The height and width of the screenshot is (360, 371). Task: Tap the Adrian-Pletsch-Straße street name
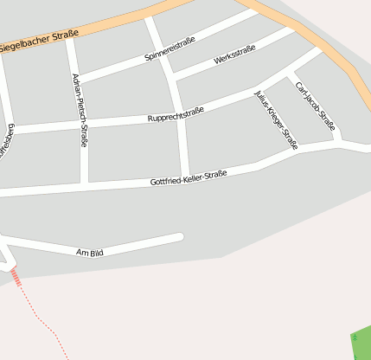79,110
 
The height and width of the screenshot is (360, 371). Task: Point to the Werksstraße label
234,56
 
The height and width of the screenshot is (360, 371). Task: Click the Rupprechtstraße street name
176,113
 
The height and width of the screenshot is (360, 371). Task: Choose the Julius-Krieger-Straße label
277,119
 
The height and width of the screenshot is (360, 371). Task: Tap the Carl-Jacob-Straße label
315,106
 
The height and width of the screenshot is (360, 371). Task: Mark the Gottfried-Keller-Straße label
188,178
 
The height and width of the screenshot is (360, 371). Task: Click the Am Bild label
90,253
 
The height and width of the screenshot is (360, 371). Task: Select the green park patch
361,343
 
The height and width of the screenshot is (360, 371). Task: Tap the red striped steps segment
15,277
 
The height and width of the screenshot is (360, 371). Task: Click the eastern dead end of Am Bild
180,236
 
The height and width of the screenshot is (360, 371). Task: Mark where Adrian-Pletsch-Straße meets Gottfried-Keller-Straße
85,184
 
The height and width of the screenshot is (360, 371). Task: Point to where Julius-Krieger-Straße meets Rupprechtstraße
259,90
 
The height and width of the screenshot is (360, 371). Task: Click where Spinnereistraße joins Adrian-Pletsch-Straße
76,80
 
